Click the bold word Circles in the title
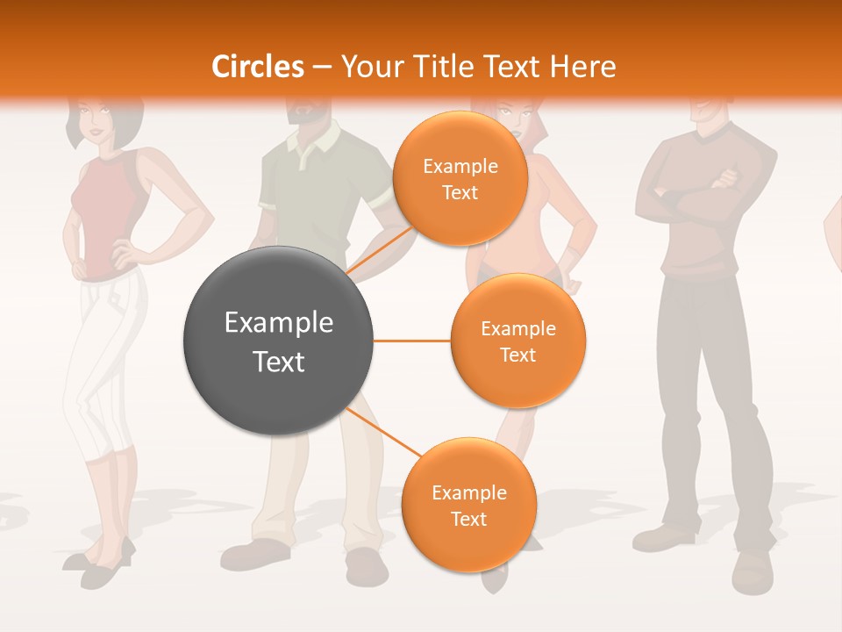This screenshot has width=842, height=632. [257, 67]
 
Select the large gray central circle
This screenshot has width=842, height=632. [278, 341]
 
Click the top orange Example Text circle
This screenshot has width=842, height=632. [460, 178]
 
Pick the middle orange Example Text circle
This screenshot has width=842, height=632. [517, 341]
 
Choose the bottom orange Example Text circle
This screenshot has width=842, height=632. [468, 505]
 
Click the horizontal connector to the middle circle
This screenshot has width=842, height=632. [411, 341]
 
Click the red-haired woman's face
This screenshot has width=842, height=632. [509, 114]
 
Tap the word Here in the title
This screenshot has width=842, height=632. [585, 67]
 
